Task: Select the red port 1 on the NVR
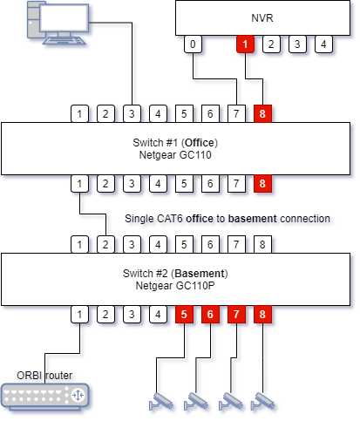click(x=246, y=44)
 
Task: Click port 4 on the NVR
click(x=323, y=44)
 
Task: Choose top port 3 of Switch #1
click(x=132, y=113)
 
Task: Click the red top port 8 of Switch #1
click(x=261, y=113)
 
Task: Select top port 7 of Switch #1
click(x=234, y=113)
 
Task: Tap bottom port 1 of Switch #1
click(x=80, y=184)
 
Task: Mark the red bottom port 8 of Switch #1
click(x=261, y=184)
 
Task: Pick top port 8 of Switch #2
click(x=261, y=244)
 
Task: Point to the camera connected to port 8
click(x=262, y=400)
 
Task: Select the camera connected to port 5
click(x=160, y=400)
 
